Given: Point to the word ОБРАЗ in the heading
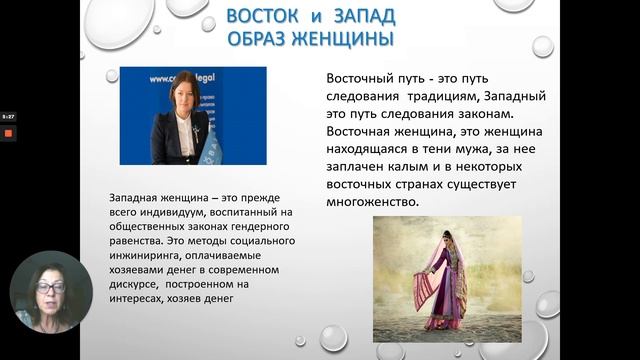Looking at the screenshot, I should click(263, 39).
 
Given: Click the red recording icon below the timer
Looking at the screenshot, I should click(7, 131).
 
